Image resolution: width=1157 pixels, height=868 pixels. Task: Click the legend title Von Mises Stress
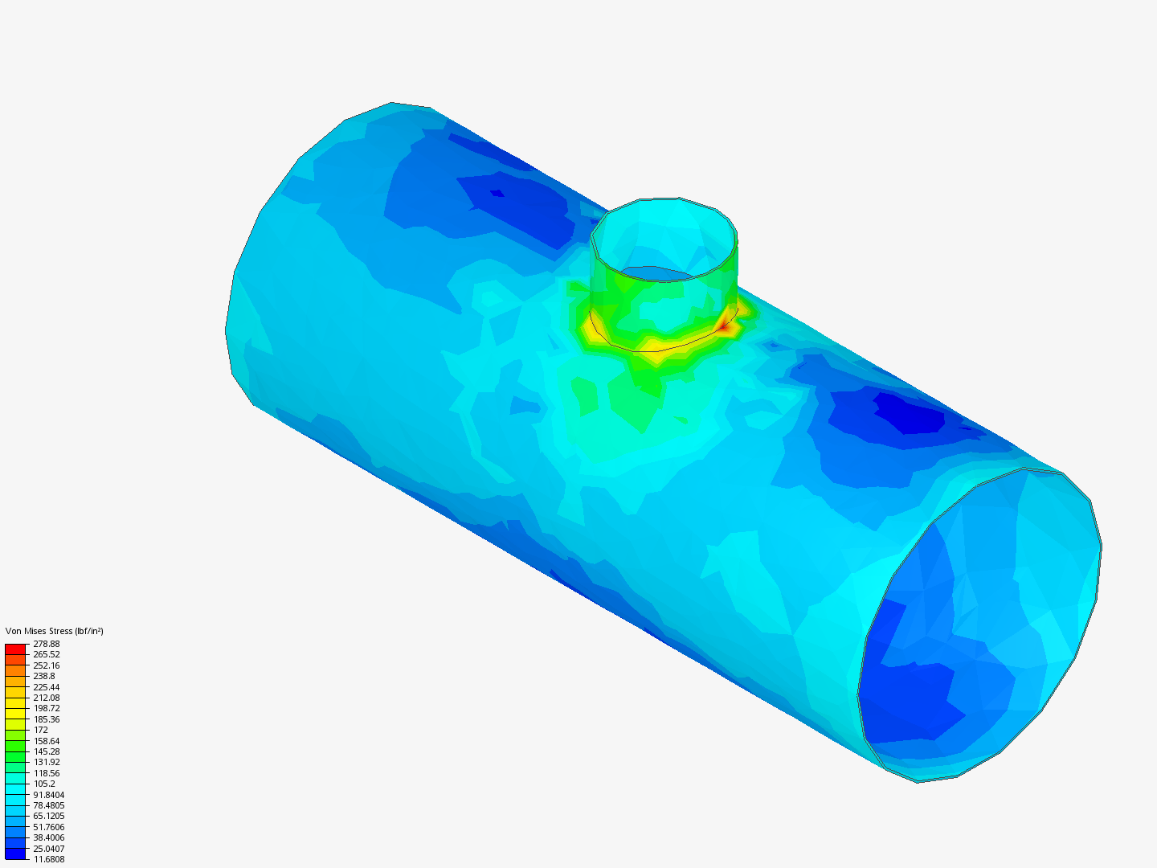[39, 631]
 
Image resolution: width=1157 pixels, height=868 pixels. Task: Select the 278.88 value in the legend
[46, 644]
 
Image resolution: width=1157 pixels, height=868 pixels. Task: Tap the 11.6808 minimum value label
[48, 859]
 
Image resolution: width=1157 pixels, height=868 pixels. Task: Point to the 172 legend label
[40, 730]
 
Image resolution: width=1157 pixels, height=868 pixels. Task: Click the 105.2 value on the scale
[44, 784]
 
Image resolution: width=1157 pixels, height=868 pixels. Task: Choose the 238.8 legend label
[44, 676]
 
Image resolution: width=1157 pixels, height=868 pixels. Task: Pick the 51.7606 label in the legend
[48, 827]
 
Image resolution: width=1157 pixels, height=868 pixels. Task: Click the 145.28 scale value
[46, 751]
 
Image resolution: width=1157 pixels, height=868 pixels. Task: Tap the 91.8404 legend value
[48, 795]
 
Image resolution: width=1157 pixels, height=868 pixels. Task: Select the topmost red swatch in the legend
[15, 649]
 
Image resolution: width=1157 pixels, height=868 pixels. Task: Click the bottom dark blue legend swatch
[15, 854]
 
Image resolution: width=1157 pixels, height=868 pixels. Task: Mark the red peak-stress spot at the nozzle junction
[725, 325]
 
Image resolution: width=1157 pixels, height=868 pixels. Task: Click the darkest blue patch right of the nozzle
[908, 414]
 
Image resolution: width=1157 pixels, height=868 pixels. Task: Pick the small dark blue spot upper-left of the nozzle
[497, 193]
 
